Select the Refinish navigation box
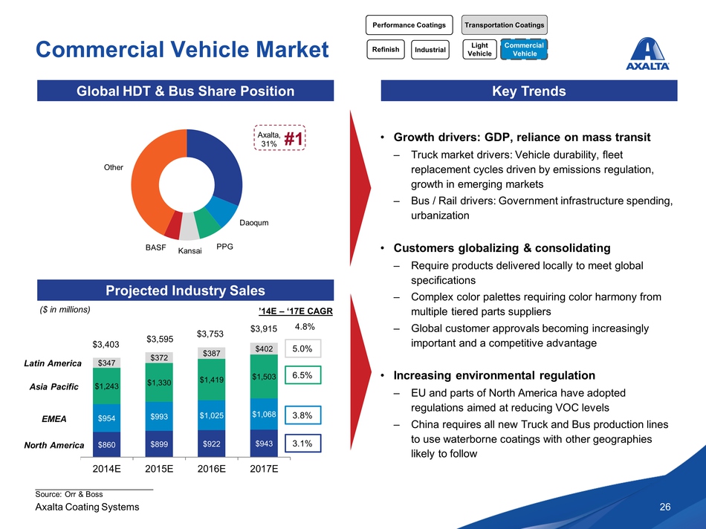tap(385, 50)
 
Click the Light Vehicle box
tap(479, 50)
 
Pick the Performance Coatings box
tap(409, 25)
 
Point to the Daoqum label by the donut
tap(253, 222)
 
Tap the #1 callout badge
tap(295, 139)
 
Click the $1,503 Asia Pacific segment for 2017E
tap(265, 377)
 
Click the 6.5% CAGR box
tap(302, 376)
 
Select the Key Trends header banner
tap(528, 91)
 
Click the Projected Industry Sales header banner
tap(186, 290)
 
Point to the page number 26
tap(665, 507)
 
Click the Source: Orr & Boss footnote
tap(69, 493)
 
